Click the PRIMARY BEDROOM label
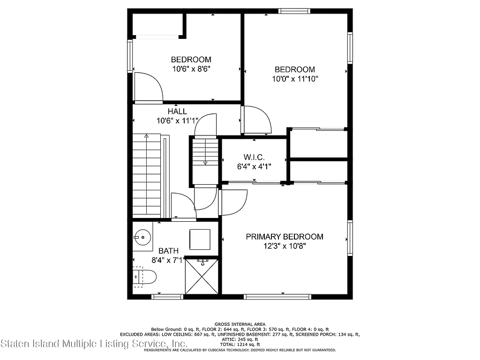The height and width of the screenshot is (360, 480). tap(285, 237)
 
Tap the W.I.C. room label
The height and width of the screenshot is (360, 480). tap(254, 157)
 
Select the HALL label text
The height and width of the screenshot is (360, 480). tap(177, 112)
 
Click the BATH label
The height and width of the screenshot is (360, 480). tap(168, 251)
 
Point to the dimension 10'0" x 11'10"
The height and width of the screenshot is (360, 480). tap(295, 79)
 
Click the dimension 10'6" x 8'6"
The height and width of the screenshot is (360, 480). tap(191, 68)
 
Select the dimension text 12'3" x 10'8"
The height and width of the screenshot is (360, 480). tap(285, 246)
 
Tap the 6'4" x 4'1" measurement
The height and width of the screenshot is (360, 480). tap(254, 165)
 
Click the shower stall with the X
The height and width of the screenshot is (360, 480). tap(202, 277)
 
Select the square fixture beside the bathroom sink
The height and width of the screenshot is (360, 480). tap(200, 239)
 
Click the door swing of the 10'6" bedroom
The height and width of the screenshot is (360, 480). tap(149, 87)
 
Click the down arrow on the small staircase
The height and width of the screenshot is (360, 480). tap(205, 162)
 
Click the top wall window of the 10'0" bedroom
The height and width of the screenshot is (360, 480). tap(294, 10)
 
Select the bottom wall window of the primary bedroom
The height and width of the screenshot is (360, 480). tap(277, 297)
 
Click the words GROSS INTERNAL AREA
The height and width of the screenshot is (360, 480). tap(240, 324)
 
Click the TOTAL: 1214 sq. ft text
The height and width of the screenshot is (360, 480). tap(240, 345)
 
